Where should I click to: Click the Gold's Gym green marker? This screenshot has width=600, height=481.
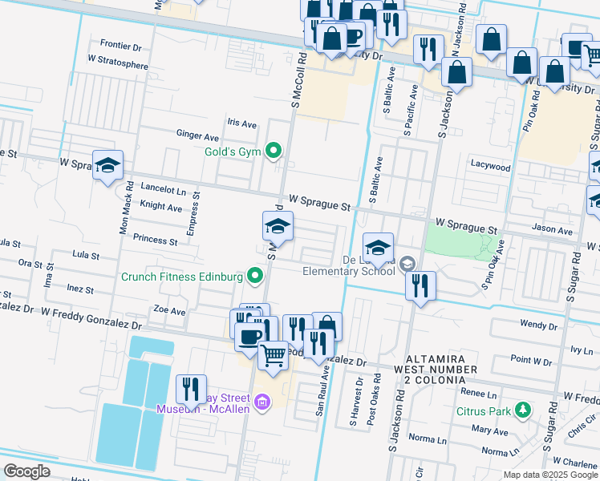[x=274, y=151]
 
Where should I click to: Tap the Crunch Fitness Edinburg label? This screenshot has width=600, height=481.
[x=182, y=277]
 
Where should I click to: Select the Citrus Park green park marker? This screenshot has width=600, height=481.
[x=523, y=410]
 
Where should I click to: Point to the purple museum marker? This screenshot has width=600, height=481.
[x=261, y=402]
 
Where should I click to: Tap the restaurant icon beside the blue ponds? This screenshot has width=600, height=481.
[x=191, y=390]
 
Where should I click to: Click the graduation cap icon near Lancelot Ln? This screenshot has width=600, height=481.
[x=107, y=166]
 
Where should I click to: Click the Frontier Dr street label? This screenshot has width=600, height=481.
[x=121, y=46]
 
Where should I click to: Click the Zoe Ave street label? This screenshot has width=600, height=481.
[x=169, y=311]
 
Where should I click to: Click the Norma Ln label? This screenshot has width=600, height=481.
[x=427, y=439]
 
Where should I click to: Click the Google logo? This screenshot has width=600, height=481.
[x=27, y=471]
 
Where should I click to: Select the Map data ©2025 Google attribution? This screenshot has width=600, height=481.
[x=549, y=475]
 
